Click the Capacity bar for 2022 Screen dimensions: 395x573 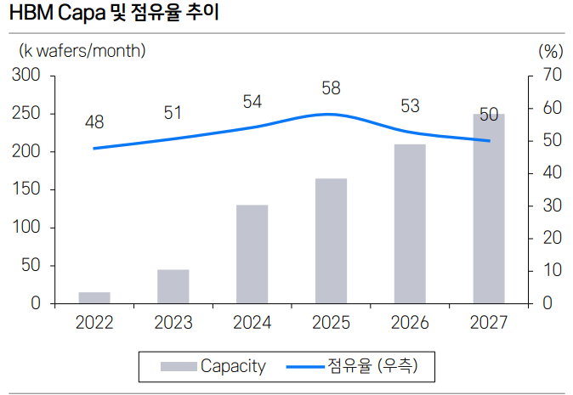click(x=94, y=297)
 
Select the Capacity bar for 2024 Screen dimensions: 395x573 click(x=252, y=254)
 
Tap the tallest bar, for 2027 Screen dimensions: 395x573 click(x=489, y=209)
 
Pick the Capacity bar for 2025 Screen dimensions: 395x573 click(x=331, y=240)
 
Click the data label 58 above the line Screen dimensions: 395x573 click(x=331, y=87)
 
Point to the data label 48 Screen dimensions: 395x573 click(x=94, y=122)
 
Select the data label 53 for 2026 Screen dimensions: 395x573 click(x=410, y=106)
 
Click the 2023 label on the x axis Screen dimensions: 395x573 click(x=173, y=323)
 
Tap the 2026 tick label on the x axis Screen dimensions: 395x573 click(x=410, y=323)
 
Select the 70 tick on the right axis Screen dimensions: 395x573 click(x=551, y=76)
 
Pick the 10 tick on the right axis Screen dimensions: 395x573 click(x=551, y=271)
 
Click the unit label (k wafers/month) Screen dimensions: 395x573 click(x=82, y=50)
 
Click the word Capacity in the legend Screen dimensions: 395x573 click(x=233, y=367)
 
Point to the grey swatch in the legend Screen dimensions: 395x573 click(x=179, y=367)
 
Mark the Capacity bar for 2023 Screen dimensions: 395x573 click(x=173, y=286)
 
